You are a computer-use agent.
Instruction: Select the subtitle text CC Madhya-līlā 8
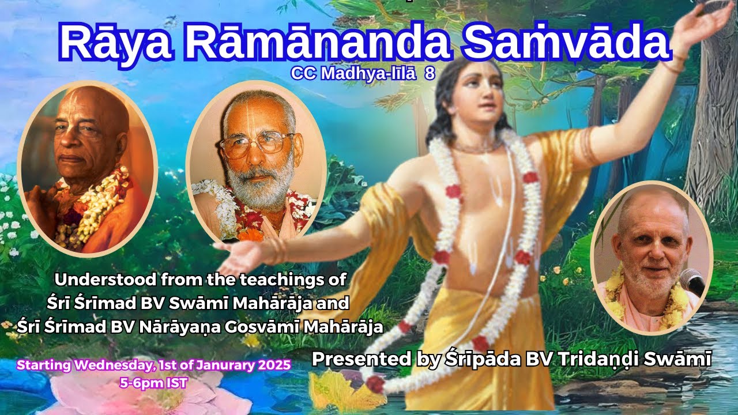coord(363,74)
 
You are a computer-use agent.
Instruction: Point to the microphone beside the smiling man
coord(692,281)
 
